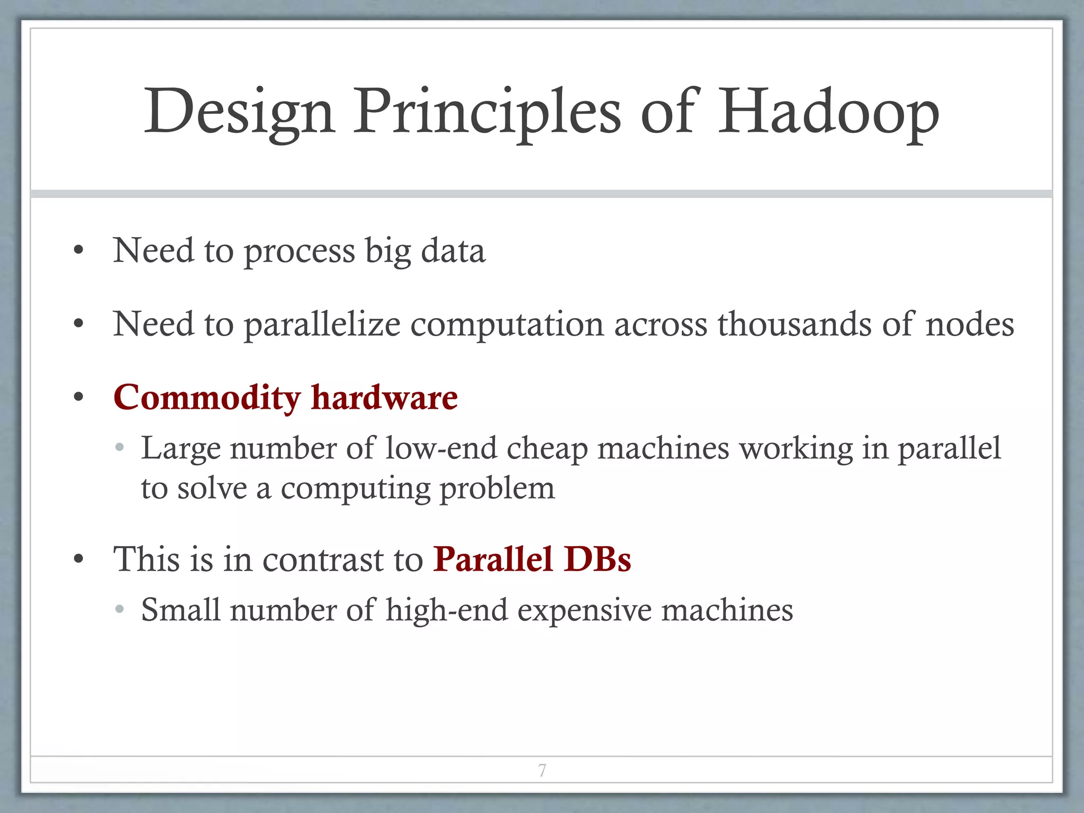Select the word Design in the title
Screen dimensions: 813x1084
coord(239,112)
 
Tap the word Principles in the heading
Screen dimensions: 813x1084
coord(487,112)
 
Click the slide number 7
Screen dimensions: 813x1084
coord(542,770)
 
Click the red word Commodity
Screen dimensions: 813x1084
coord(207,398)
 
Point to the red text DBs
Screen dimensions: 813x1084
coord(598,559)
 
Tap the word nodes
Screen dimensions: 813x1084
coord(970,324)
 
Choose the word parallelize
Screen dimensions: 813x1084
coord(322,325)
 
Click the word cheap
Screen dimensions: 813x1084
coord(547,449)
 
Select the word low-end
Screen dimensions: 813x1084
coord(441,448)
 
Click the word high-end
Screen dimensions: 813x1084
coord(447,610)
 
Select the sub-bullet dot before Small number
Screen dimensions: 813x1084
coord(120,610)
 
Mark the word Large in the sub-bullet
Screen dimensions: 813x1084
coord(180,449)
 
